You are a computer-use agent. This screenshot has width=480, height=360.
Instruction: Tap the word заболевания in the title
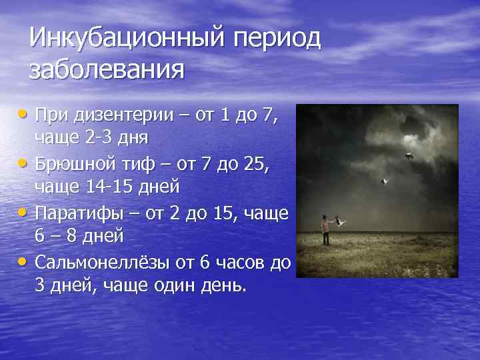point(106,69)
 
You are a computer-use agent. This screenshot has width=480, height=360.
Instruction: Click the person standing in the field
point(325,230)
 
